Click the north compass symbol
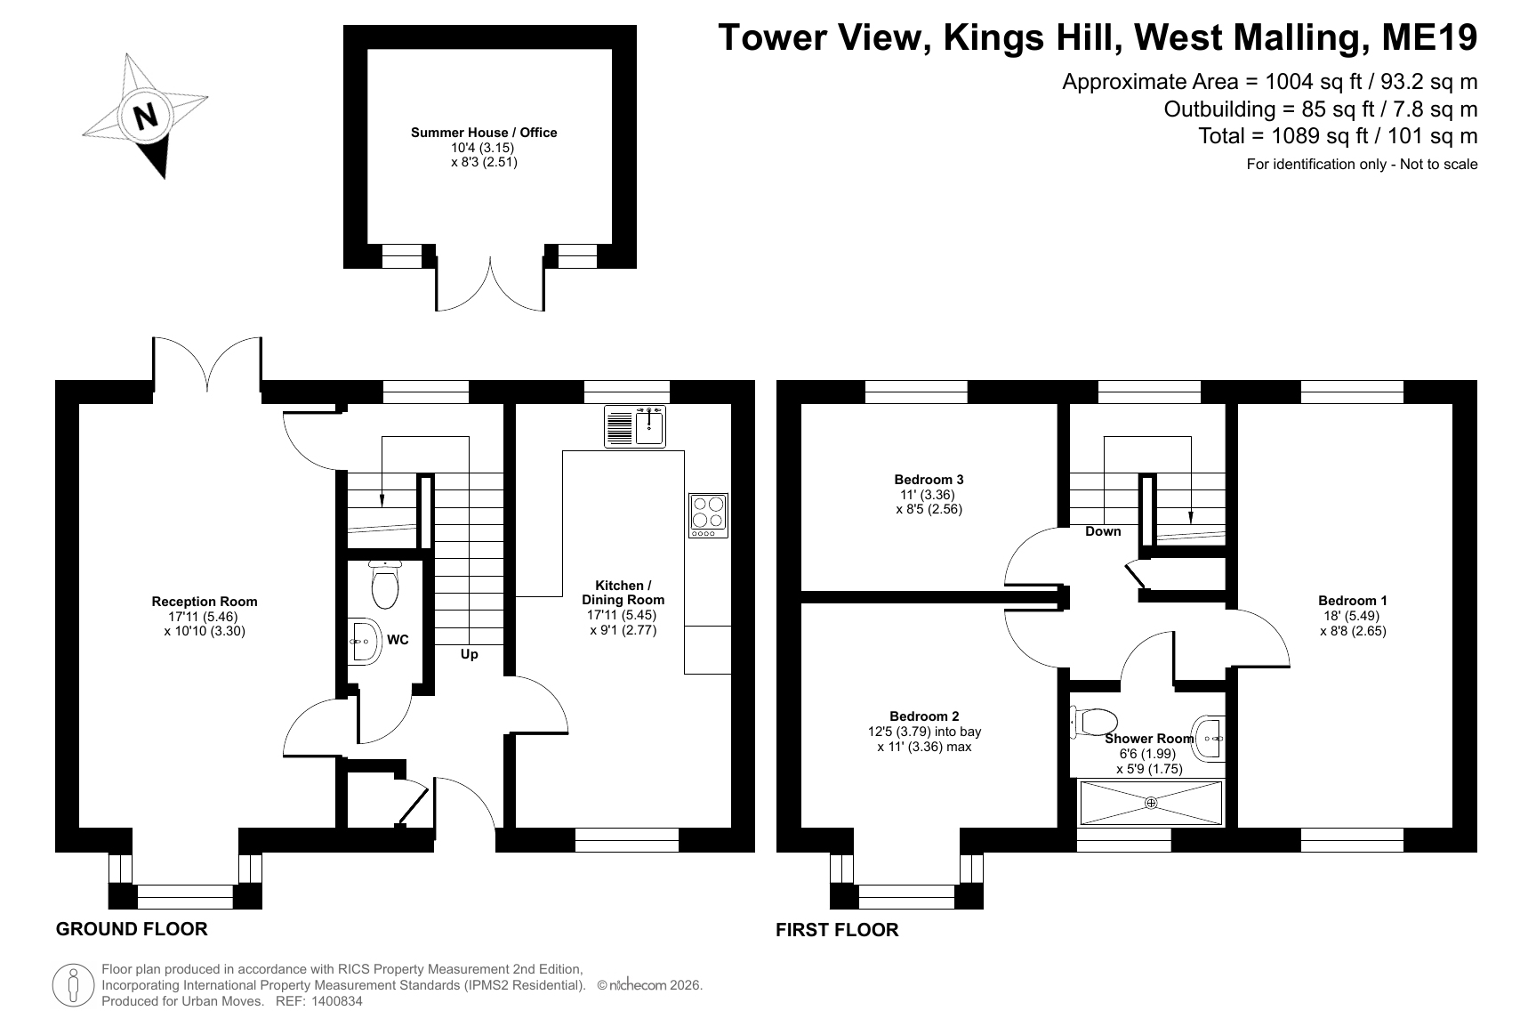coord(146,116)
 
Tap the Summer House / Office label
coord(484,133)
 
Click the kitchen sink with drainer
coord(635,426)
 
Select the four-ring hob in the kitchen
coord(708,515)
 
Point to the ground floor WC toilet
coord(384,583)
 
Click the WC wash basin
coord(364,641)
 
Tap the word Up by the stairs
coord(470,654)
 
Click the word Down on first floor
coord(1103,531)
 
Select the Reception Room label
coord(205,602)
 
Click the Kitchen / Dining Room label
coord(623,593)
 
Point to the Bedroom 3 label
coord(929,480)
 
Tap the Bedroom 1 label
coord(1353,601)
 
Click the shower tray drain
coord(1151,803)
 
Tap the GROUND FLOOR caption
coord(132,929)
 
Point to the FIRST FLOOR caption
coord(837,930)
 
